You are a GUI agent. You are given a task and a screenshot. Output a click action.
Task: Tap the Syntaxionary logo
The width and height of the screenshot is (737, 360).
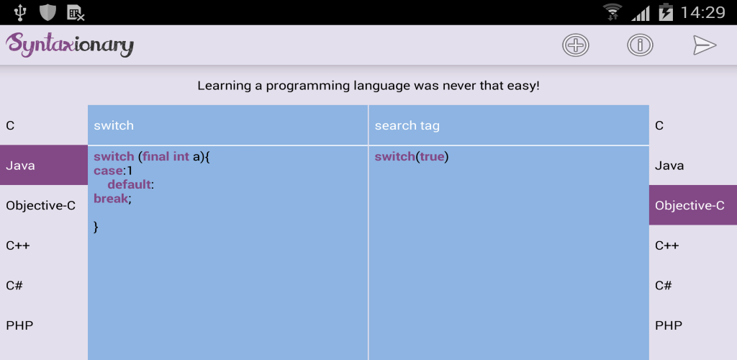coord(70,45)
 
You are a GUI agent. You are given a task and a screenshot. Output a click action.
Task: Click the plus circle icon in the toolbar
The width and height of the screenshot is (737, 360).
coord(575,45)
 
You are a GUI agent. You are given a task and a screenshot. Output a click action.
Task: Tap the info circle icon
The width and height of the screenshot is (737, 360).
coord(640,45)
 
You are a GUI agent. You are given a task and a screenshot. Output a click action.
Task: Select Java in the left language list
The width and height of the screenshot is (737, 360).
coord(44,165)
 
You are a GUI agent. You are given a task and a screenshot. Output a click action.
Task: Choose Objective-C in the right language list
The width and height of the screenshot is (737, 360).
coord(693,205)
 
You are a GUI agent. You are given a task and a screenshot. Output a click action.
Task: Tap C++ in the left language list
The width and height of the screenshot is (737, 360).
coord(18,246)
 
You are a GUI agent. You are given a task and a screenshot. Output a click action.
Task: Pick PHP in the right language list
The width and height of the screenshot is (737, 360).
coord(669,325)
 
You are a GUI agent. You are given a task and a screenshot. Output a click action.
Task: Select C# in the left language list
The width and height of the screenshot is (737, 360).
coord(14,285)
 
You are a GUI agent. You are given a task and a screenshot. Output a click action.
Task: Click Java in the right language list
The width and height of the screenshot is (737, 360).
coord(669,166)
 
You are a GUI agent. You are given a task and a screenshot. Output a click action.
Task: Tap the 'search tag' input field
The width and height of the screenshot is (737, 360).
coord(509,125)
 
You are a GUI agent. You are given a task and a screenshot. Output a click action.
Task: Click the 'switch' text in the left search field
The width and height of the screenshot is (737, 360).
coord(114,125)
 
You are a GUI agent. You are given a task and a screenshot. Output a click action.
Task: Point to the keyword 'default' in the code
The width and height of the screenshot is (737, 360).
coord(130,185)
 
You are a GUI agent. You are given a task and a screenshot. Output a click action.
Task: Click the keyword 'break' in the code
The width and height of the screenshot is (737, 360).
coord(110,198)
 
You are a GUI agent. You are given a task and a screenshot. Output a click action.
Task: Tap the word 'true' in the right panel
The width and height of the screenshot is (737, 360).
coord(432,156)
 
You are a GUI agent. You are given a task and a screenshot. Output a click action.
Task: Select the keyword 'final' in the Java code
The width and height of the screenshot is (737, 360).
coord(156,156)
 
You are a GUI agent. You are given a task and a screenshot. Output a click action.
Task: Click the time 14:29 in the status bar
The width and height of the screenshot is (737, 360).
coord(702,12)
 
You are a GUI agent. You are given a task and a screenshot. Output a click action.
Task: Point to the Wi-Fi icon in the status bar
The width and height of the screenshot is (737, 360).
coord(613,12)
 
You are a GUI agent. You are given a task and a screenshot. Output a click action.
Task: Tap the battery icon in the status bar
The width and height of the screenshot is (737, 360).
coord(666,12)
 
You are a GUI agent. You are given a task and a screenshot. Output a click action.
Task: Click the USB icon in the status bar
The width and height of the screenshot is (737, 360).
coord(20,12)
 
